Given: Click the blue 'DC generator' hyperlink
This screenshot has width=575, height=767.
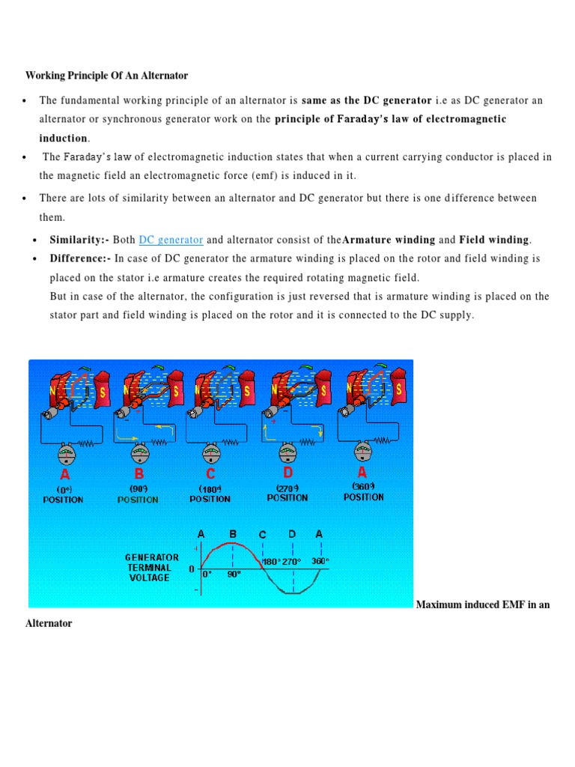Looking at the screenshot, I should pyautogui.click(x=171, y=240).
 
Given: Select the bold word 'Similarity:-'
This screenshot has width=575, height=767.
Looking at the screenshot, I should pyautogui.click(x=79, y=240).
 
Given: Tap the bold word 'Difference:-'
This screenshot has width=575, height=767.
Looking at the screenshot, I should pyautogui.click(x=80, y=258).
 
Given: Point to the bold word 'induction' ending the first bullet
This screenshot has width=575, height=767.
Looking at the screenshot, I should pyautogui.click(x=64, y=138).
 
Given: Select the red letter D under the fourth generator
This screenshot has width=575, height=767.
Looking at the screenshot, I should pyautogui.click(x=288, y=473).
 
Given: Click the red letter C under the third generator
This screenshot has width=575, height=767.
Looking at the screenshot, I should pyautogui.click(x=210, y=475).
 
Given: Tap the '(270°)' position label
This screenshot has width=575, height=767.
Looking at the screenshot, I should pyautogui.click(x=287, y=488).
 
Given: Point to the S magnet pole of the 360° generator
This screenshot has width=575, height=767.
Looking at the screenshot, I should pyautogui.click(x=400, y=389).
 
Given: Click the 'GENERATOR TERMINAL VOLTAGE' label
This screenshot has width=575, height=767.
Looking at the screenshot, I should pyautogui.click(x=152, y=568).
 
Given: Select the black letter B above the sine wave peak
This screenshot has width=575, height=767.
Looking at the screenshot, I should pyautogui.click(x=233, y=535).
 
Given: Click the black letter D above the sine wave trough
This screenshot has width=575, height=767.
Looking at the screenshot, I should pyautogui.click(x=292, y=535).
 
